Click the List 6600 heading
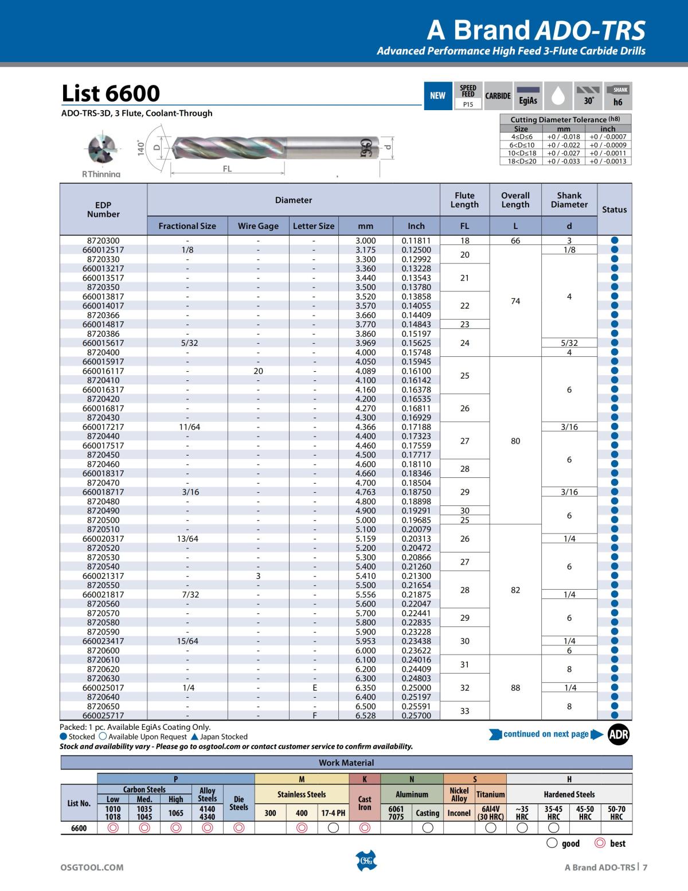pos(111,94)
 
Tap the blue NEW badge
pos(437,96)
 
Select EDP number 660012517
pos(103,250)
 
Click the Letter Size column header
pos(314,226)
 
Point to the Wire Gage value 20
pos(259,371)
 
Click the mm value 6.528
pos(366,715)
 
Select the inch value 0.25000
pos(416,687)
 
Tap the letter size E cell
pos(314,687)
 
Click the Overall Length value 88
pos(515,687)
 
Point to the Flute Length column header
pos(464,200)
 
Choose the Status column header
pos(614,209)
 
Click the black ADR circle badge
pos(618,735)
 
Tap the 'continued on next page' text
pos(546,734)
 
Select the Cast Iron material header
pos(365,803)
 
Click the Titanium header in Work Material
pos(491,795)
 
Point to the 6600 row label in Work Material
pos(79,828)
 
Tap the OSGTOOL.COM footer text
pos(92,867)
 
